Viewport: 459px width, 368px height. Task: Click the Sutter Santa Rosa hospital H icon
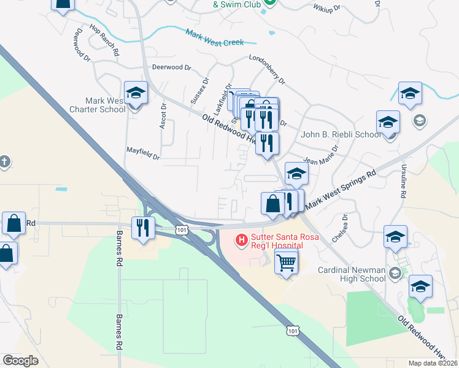pos(242,239)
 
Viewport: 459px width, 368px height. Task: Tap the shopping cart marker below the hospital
pos(286,263)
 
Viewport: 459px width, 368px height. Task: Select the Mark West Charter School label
pos(97,105)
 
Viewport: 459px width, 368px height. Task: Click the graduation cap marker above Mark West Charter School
pos(136,94)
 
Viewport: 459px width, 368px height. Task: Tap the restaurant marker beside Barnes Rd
pos(144,228)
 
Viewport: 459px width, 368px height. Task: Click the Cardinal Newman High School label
pos(352,274)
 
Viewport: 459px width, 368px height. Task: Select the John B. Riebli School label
pos(341,135)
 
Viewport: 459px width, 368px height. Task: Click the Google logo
pos(20,361)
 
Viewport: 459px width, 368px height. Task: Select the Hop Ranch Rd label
pos(103,40)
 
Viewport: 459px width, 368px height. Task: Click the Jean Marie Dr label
pos(320,156)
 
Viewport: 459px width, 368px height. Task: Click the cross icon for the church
pos(4,161)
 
